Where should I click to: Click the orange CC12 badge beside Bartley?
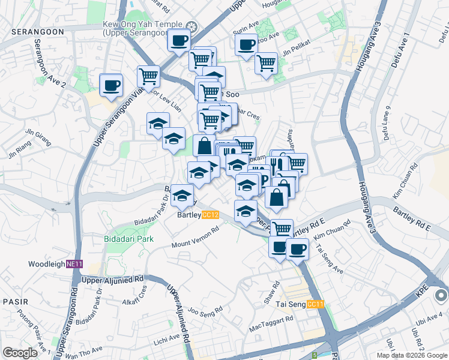[210, 215]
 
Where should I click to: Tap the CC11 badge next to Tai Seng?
[315, 304]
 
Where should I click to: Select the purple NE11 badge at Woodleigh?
[74, 264]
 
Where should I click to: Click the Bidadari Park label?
[128, 239]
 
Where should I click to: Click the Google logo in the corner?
[20, 353]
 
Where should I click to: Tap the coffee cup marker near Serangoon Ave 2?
[110, 85]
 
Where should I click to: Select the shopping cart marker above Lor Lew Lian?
[148, 76]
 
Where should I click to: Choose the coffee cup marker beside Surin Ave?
[246, 44]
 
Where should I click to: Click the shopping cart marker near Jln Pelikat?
[266, 62]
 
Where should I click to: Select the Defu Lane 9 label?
[386, 120]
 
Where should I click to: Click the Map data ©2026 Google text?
[411, 355]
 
